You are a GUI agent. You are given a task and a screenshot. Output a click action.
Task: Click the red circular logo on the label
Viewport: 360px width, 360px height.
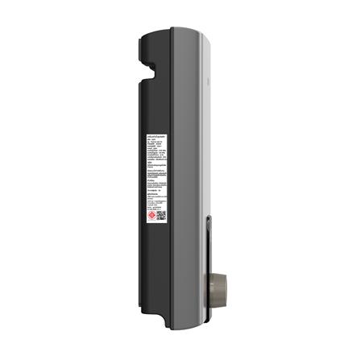151,216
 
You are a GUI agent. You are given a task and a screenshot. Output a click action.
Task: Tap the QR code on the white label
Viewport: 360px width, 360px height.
161,216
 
